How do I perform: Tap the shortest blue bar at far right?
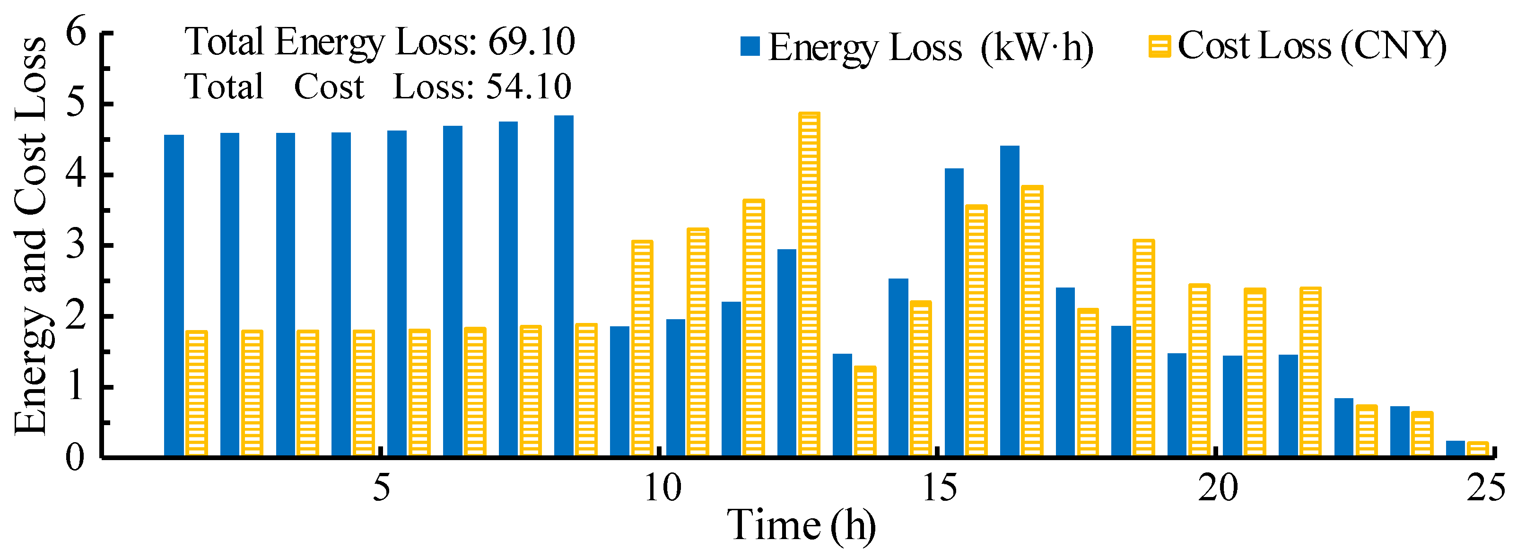pos(1455,448)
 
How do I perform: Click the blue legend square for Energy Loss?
pos(750,46)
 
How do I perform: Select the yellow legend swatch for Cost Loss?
pos(1159,46)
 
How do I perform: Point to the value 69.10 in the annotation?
pos(531,43)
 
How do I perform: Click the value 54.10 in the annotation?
pos(528,87)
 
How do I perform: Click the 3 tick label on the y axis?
pos(75,245)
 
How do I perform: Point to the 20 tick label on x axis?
pos(1218,488)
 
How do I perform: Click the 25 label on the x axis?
pos(1485,488)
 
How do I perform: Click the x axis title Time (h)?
pos(801,525)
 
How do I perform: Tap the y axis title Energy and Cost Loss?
pos(31,235)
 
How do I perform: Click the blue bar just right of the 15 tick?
pos(954,312)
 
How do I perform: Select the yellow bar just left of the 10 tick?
pos(642,347)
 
